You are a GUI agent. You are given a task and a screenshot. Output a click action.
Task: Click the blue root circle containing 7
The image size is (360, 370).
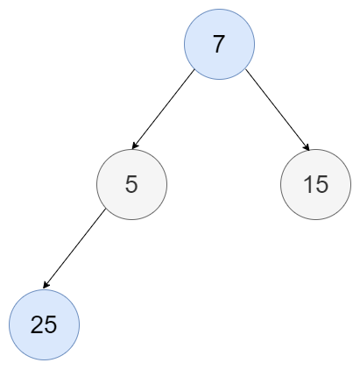pos(219,44)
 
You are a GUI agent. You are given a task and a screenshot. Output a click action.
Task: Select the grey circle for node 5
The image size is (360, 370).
pos(132,184)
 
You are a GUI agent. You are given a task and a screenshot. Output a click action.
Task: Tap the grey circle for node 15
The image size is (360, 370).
pos(316,184)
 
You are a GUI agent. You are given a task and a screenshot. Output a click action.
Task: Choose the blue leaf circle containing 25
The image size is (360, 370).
pos(44,324)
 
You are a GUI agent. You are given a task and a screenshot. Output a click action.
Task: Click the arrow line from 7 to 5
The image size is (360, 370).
pos(163,109)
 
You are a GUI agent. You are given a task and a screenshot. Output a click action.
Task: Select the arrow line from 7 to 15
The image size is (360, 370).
pos(278,110)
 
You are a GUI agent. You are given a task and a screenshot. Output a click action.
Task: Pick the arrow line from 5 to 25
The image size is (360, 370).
pos(74,248)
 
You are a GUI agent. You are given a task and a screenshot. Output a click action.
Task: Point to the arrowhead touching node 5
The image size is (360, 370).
pos(135,146)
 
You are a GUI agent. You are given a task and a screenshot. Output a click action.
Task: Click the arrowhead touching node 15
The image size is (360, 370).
pos(307,147)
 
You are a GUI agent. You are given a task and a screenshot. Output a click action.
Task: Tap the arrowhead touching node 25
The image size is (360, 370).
pos(46,285)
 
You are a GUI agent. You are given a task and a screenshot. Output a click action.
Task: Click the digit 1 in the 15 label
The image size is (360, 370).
pos(307,184)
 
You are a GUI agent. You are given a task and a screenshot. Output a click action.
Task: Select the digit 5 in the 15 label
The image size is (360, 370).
pos(322,185)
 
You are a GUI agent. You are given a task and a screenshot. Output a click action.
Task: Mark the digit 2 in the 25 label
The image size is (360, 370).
pos(37,324)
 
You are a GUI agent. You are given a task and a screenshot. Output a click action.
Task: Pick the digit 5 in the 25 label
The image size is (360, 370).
pos(51,325)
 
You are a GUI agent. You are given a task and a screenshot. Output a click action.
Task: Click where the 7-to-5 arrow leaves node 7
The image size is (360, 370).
pos(194,69)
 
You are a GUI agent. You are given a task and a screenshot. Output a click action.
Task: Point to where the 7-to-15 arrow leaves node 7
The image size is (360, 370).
pos(246,69)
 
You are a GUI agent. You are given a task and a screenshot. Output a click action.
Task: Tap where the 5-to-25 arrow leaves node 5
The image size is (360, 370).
pos(105,209)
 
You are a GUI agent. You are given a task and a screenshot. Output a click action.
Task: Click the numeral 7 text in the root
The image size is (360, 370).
pos(219,44)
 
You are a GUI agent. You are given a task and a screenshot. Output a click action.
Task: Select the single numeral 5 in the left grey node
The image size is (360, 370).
pos(131,184)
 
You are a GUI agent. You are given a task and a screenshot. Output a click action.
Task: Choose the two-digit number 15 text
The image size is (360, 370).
pos(316,184)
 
